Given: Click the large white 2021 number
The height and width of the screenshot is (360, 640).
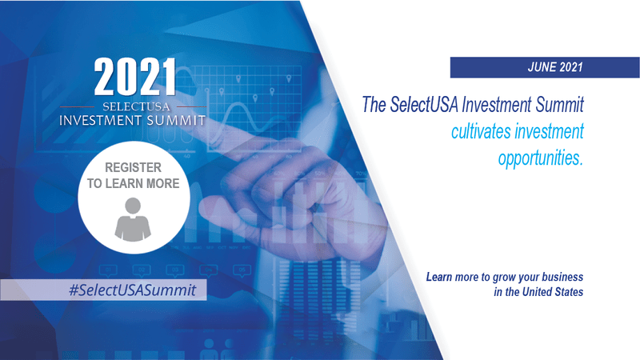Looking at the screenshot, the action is tap(135, 77).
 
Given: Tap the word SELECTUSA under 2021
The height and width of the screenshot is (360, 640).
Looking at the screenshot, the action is tap(136, 107).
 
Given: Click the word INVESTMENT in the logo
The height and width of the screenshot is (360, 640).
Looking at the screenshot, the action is tap(101, 121).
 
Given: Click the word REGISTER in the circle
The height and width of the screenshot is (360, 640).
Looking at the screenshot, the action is tap(133, 167).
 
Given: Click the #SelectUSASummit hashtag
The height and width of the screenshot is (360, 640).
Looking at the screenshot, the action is tap(133, 290).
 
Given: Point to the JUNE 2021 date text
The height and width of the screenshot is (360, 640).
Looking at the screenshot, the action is tap(555, 67).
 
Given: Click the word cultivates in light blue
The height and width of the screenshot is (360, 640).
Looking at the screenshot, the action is tap(481, 132).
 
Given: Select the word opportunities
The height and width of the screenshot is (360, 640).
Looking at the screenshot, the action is tap(541, 158).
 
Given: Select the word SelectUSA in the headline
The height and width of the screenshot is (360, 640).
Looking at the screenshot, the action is tap(424, 105).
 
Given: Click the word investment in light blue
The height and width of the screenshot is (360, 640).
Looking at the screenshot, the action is tap(549, 132).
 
